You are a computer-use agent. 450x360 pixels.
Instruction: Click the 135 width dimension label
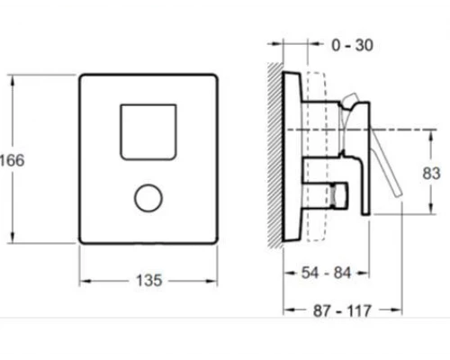(x=150, y=281)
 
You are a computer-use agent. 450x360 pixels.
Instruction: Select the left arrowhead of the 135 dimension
(x=84, y=280)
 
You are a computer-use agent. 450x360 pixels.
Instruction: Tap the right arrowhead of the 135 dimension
(x=216, y=280)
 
